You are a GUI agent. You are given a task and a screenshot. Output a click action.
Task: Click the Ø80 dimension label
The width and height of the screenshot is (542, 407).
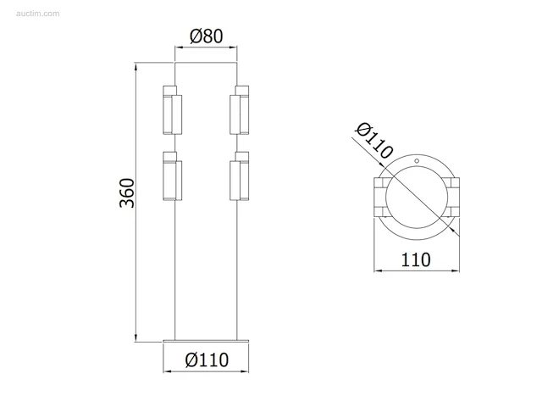click(x=207, y=36)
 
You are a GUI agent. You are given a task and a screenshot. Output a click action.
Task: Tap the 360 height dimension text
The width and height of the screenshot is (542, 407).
click(x=126, y=192)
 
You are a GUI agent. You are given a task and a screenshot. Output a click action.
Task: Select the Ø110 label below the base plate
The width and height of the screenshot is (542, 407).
click(x=207, y=360)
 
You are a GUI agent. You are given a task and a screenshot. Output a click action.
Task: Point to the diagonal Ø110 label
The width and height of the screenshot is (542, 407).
click(x=374, y=141)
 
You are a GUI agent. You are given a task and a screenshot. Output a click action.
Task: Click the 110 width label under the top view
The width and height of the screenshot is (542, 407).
click(x=416, y=259)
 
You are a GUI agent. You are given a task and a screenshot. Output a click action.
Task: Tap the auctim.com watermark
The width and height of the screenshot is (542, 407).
click(x=37, y=14)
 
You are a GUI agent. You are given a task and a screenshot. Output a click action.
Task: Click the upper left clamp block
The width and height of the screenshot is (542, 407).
click(x=172, y=109)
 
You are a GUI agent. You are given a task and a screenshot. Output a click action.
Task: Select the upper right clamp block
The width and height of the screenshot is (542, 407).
click(x=239, y=109)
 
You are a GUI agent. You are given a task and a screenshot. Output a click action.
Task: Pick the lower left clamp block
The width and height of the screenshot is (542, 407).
click(x=172, y=176)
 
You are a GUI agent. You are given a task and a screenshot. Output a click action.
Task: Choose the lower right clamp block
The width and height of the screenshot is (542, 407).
click(x=239, y=176)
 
